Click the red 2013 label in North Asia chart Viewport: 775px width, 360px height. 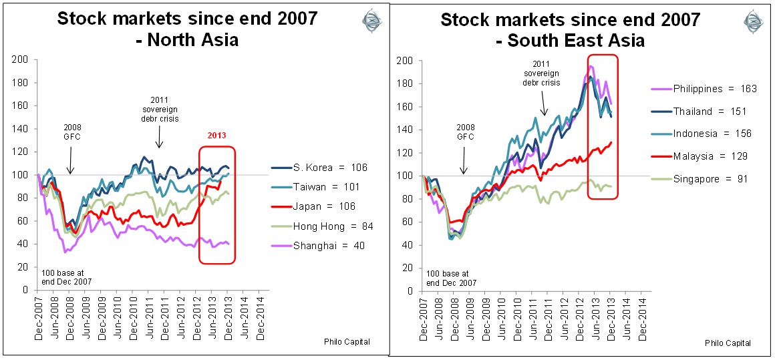click(217, 136)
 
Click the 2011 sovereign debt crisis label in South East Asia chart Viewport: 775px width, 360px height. click(540, 73)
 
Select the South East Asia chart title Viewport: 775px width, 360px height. click(570, 29)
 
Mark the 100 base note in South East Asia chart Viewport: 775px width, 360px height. click(452, 279)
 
